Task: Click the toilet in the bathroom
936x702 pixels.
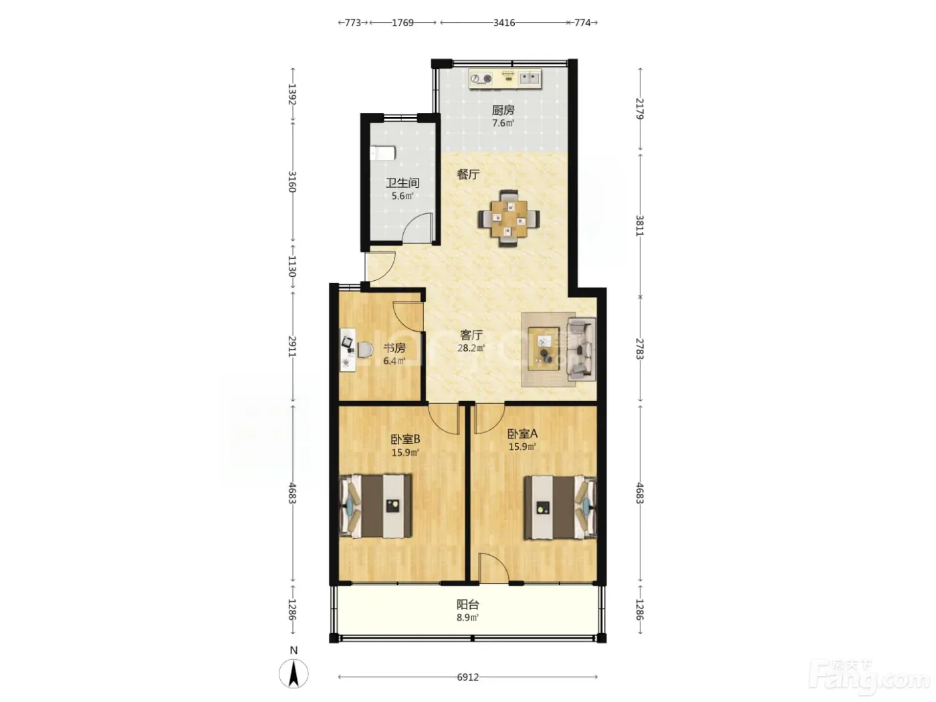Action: coord(382,152)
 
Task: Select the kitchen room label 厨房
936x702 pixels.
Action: coord(503,110)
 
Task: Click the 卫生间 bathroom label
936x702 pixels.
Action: coord(402,183)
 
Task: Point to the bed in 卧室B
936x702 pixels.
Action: coord(376,505)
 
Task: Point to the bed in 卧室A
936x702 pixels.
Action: coord(560,507)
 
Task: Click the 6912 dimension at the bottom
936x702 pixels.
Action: coord(467,677)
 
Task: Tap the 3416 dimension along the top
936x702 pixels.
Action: coord(504,23)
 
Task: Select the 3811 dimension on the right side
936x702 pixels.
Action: coord(640,225)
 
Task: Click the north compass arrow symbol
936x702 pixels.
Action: coord(294,673)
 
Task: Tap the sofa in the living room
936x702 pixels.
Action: coord(581,349)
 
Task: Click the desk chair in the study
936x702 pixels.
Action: coord(364,350)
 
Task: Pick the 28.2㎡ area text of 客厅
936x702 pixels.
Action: coord(471,348)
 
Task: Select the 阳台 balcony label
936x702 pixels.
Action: coord(467,604)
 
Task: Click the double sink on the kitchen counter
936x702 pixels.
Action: coord(530,78)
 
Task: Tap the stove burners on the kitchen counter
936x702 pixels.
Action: coord(481,79)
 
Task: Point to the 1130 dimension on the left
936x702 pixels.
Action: coord(292,266)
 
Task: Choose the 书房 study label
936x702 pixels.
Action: coord(394,348)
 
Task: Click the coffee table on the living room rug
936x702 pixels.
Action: coord(544,348)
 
